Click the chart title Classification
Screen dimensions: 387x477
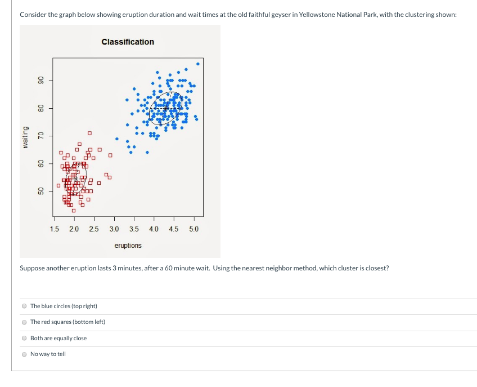coord(128,42)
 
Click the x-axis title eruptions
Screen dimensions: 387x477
coord(128,246)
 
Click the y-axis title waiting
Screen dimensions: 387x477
coord(25,138)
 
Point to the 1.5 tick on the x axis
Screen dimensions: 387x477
coord(55,229)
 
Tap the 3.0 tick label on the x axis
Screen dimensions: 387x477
coord(114,229)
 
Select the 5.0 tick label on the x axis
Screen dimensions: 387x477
coord(193,229)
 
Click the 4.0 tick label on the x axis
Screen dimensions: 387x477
coord(154,229)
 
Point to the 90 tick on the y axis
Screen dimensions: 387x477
coord(40,80)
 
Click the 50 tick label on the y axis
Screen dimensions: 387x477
coord(40,192)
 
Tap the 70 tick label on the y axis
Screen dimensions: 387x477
coord(40,136)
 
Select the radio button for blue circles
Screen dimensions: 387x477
coord(24,306)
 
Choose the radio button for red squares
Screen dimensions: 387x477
coord(24,322)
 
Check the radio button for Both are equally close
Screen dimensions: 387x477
coord(24,339)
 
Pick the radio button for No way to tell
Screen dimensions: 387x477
coord(24,354)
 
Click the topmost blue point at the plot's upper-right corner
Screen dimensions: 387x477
coord(197,64)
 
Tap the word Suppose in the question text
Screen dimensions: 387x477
coord(31,268)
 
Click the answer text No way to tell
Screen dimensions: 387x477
coord(48,354)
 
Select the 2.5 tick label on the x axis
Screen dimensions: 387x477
coord(94,229)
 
